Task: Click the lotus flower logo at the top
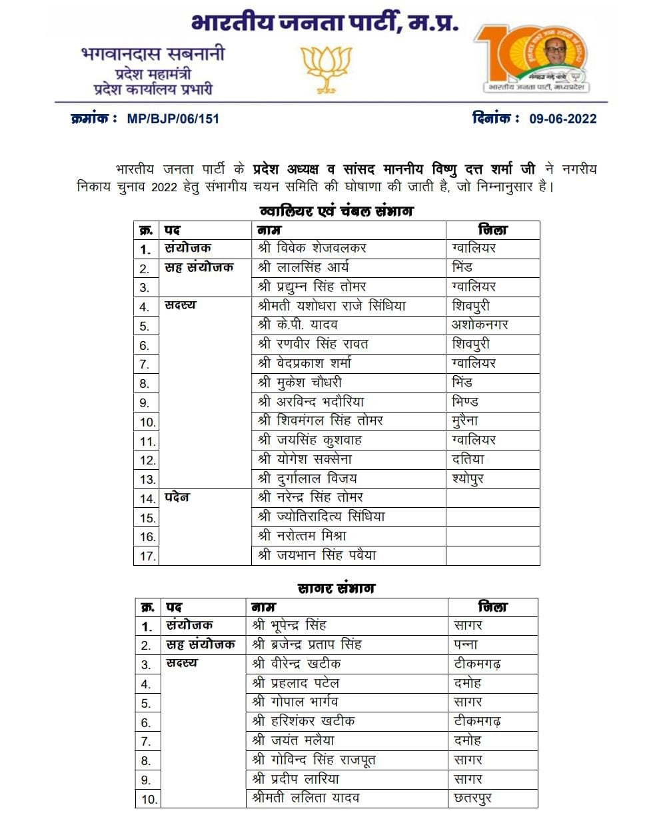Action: [326, 69]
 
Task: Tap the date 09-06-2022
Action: [562, 119]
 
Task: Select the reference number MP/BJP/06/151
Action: [173, 119]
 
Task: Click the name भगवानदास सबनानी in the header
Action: [153, 53]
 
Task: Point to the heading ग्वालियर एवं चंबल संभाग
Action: [336, 211]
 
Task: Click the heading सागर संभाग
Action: [336, 588]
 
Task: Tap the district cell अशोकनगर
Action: [480, 325]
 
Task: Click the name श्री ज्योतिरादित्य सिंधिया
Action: [321, 516]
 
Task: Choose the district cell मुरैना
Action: [465, 420]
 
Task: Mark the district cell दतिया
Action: [468, 459]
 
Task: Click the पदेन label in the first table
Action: [177, 497]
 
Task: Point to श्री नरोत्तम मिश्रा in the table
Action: [302, 536]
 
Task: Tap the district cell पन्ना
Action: [466, 644]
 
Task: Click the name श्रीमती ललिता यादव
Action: [306, 798]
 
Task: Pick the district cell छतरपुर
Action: [472, 798]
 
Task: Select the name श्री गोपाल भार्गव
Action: [295, 702]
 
